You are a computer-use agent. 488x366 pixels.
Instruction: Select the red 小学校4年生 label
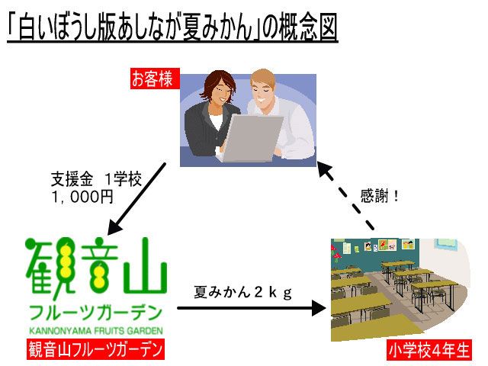point(429,351)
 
